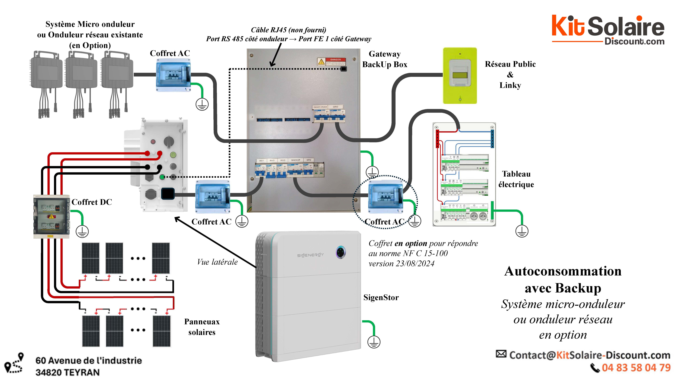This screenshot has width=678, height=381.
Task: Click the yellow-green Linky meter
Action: pyautogui.click(x=460, y=76)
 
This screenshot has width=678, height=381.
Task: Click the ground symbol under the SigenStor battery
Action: pyautogui.click(x=374, y=342)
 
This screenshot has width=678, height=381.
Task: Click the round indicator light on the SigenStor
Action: pyautogui.click(x=341, y=252)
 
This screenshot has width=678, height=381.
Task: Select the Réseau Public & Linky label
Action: pyautogui.click(x=510, y=75)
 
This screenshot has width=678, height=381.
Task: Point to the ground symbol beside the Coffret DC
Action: pyautogui.click(x=82, y=231)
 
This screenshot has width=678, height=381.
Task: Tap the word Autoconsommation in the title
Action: pyautogui.click(x=563, y=271)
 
